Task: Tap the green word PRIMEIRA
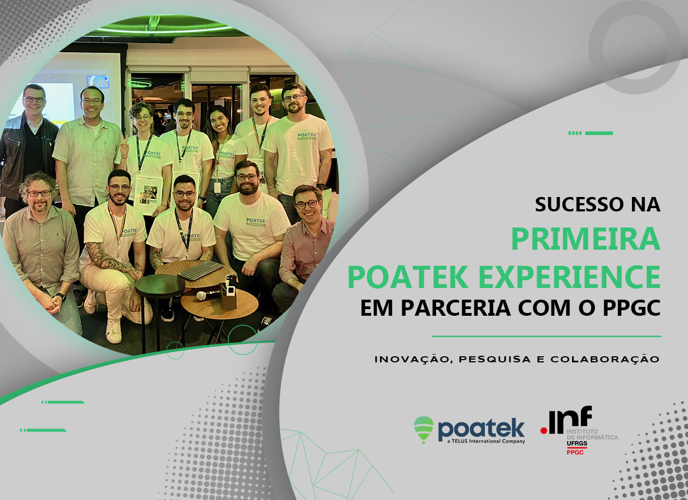(586, 239)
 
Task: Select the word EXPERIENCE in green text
(570, 277)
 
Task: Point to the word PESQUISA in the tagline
(495, 360)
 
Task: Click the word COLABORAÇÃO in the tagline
(605, 359)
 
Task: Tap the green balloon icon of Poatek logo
(423, 430)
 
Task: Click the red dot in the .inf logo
(544, 431)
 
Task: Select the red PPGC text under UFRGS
(575, 452)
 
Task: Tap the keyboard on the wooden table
(200, 270)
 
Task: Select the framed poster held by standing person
(148, 195)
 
